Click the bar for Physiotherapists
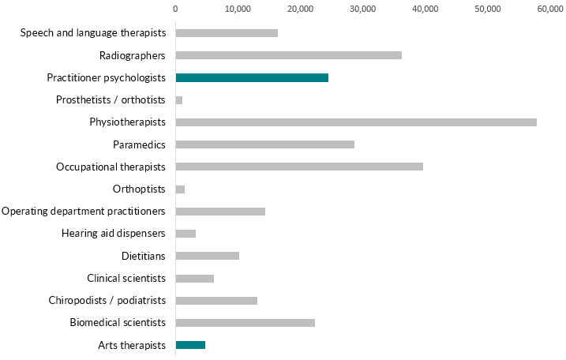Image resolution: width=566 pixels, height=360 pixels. (355, 122)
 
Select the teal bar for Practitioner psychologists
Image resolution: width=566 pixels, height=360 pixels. (251, 77)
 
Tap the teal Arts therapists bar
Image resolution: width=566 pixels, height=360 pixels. (190, 345)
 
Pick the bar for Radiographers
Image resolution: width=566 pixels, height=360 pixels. (288, 55)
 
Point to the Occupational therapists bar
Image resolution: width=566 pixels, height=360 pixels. (298, 167)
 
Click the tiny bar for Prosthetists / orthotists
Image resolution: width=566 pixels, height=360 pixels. (179, 100)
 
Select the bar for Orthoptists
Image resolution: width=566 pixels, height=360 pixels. (180, 189)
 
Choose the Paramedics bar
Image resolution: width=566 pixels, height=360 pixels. (264, 144)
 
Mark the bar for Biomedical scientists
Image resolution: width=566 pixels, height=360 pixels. (245, 323)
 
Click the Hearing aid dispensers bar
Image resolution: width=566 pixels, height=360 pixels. (186, 234)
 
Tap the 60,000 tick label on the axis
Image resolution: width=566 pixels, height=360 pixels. (551, 9)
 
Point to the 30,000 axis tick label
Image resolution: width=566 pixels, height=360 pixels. (363, 9)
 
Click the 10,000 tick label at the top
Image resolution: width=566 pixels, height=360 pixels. (238, 9)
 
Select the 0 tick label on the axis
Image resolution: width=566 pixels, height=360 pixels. (175, 9)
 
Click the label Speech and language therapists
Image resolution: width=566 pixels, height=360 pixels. (93, 33)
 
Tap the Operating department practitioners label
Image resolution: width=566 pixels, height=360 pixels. (84, 212)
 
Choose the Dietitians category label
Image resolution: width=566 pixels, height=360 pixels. (144, 256)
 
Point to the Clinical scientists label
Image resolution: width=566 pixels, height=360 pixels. (126, 278)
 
